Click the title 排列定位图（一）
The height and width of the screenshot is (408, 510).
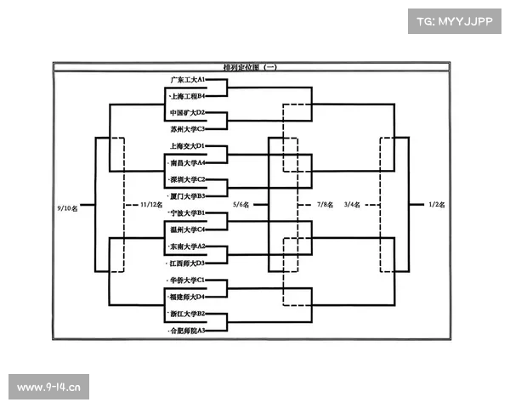250,66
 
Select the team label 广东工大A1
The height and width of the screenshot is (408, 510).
188,79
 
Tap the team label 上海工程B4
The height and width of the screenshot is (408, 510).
188,96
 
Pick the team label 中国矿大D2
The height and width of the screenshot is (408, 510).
188,112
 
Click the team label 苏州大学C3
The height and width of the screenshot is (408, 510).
188,129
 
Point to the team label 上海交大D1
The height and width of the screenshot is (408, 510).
188,146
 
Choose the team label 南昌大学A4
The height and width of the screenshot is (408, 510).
188,162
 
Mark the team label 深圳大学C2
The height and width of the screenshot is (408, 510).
188,179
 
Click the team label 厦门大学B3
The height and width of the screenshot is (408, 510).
188,196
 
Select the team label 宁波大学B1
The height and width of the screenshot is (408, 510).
188,212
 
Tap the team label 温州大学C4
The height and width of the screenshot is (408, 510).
188,229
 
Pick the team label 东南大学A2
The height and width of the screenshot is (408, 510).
188,246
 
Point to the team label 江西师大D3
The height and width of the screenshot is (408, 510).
188,263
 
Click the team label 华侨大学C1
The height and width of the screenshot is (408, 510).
188,280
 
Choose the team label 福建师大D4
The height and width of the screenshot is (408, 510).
188,297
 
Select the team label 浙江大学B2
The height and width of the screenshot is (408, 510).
188,313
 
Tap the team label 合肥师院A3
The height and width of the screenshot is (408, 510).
188,330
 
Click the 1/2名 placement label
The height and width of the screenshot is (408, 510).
437,205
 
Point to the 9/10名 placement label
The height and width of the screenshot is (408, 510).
68,206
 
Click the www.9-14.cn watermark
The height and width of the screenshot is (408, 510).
49,388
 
